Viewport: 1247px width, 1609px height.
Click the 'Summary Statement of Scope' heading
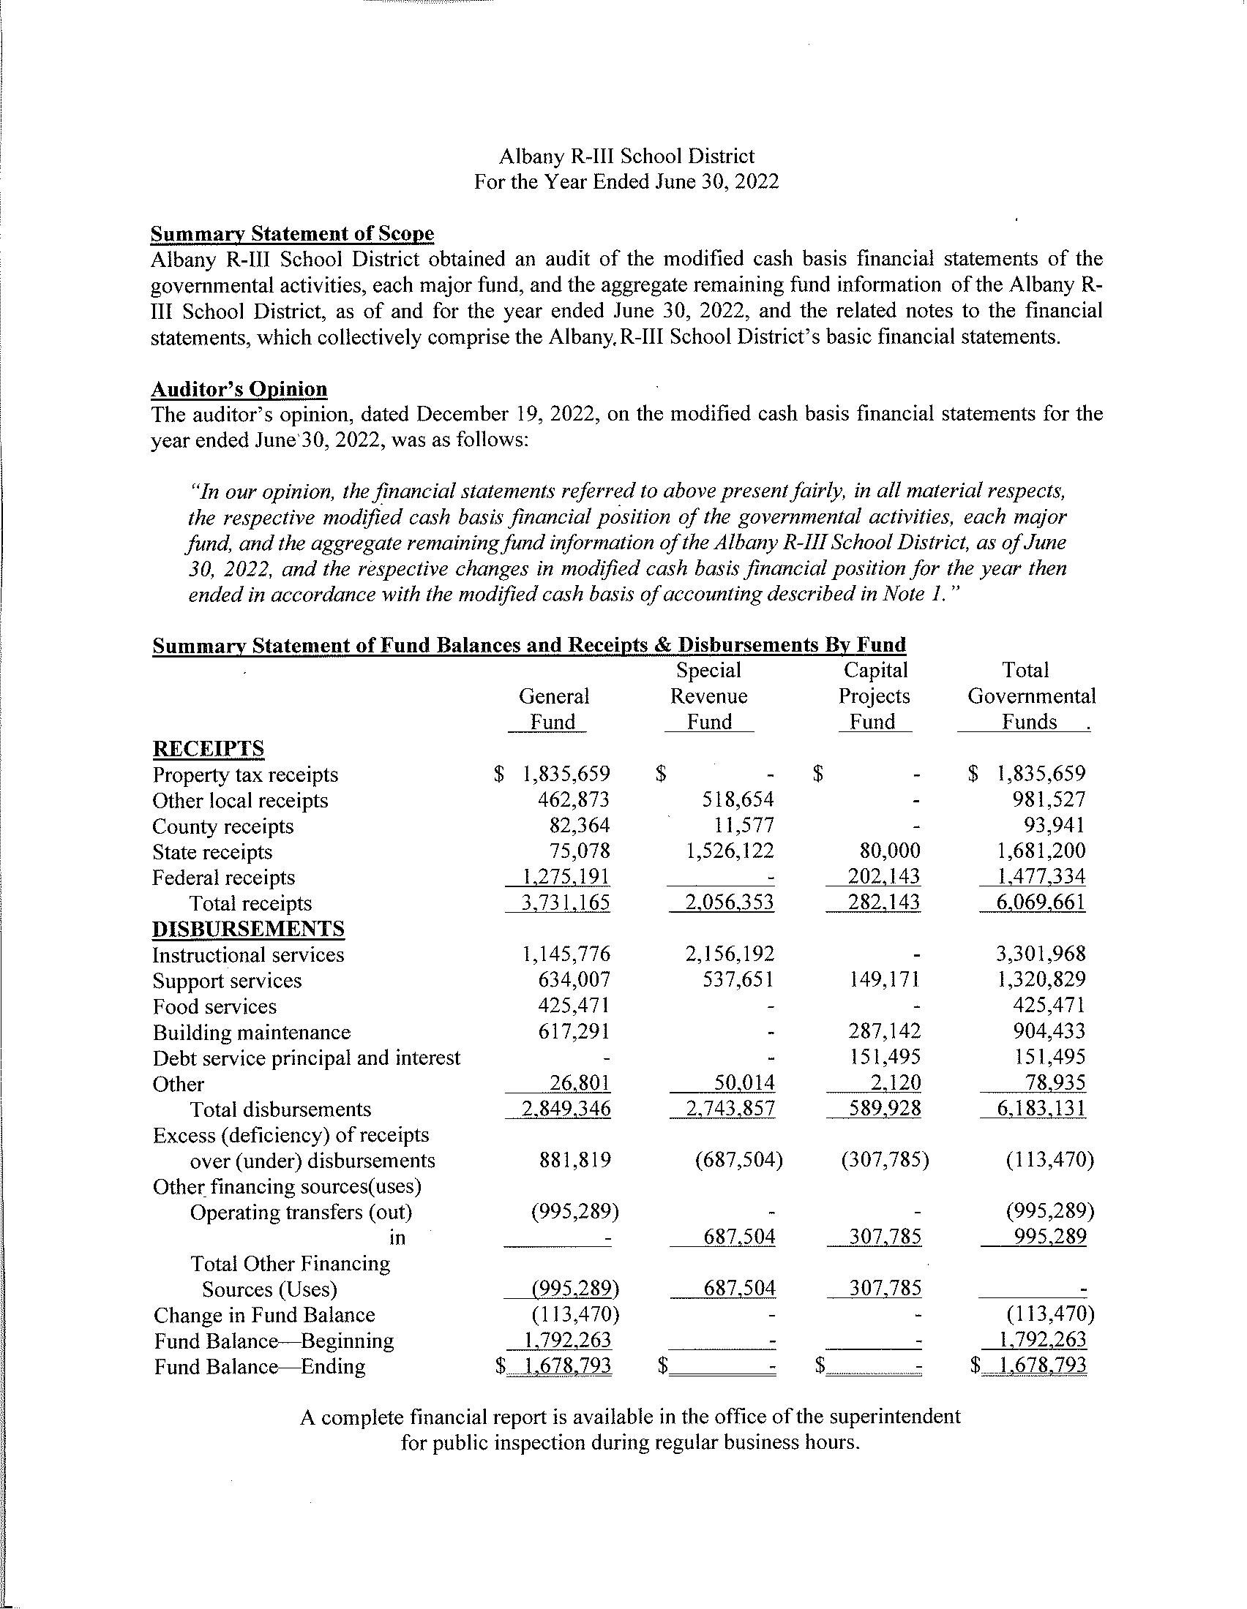[x=292, y=233]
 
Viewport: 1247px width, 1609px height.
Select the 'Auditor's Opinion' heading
[x=239, y=389]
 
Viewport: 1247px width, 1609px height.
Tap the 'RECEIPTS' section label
[x=208, y=748]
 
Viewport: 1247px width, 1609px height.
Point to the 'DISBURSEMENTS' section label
[x=247, y=929]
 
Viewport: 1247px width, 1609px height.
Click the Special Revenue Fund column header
[x=708, y=696]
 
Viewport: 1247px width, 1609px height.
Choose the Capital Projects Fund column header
[x=874, y=696]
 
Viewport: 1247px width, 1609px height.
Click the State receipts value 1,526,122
[x=730, y=851]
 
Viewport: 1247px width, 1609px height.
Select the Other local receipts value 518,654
[x=739, y=800]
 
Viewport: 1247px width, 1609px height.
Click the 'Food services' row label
[x=214, y=1006]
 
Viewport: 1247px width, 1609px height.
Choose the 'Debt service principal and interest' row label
[x=306, y=1058]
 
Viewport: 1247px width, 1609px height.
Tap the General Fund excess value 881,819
[x=576, y=1161]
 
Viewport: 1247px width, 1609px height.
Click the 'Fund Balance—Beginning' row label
[x=274, y=1341]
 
